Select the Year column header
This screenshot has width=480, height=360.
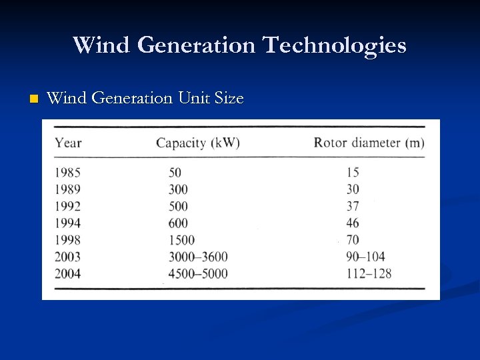coord(68,142)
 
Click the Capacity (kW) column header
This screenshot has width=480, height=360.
coord(198,142)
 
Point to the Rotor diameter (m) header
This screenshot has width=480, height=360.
coord(369,142)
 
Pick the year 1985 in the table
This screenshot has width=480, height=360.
coord(67,173)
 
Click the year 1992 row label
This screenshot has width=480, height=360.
coord(67,206)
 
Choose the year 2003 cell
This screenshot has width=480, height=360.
coord(67,257)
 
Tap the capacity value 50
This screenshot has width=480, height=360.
coord(175,173)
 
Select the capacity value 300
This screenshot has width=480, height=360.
coord(178,189)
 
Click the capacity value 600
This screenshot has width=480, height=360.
coord(178,223)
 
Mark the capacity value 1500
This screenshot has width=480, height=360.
coord(182,240)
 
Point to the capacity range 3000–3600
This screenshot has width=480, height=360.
coord(198,257)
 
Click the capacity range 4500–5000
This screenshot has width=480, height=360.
coord(198,273)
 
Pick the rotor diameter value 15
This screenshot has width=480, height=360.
coord(353,173)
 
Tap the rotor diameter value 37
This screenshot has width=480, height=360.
coord(353,206)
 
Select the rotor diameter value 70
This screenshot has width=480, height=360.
coord(353,240)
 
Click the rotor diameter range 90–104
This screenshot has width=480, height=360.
coord(365,257)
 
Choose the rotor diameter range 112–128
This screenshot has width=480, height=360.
coord(369,273)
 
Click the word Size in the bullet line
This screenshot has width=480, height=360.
coord(230,99)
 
